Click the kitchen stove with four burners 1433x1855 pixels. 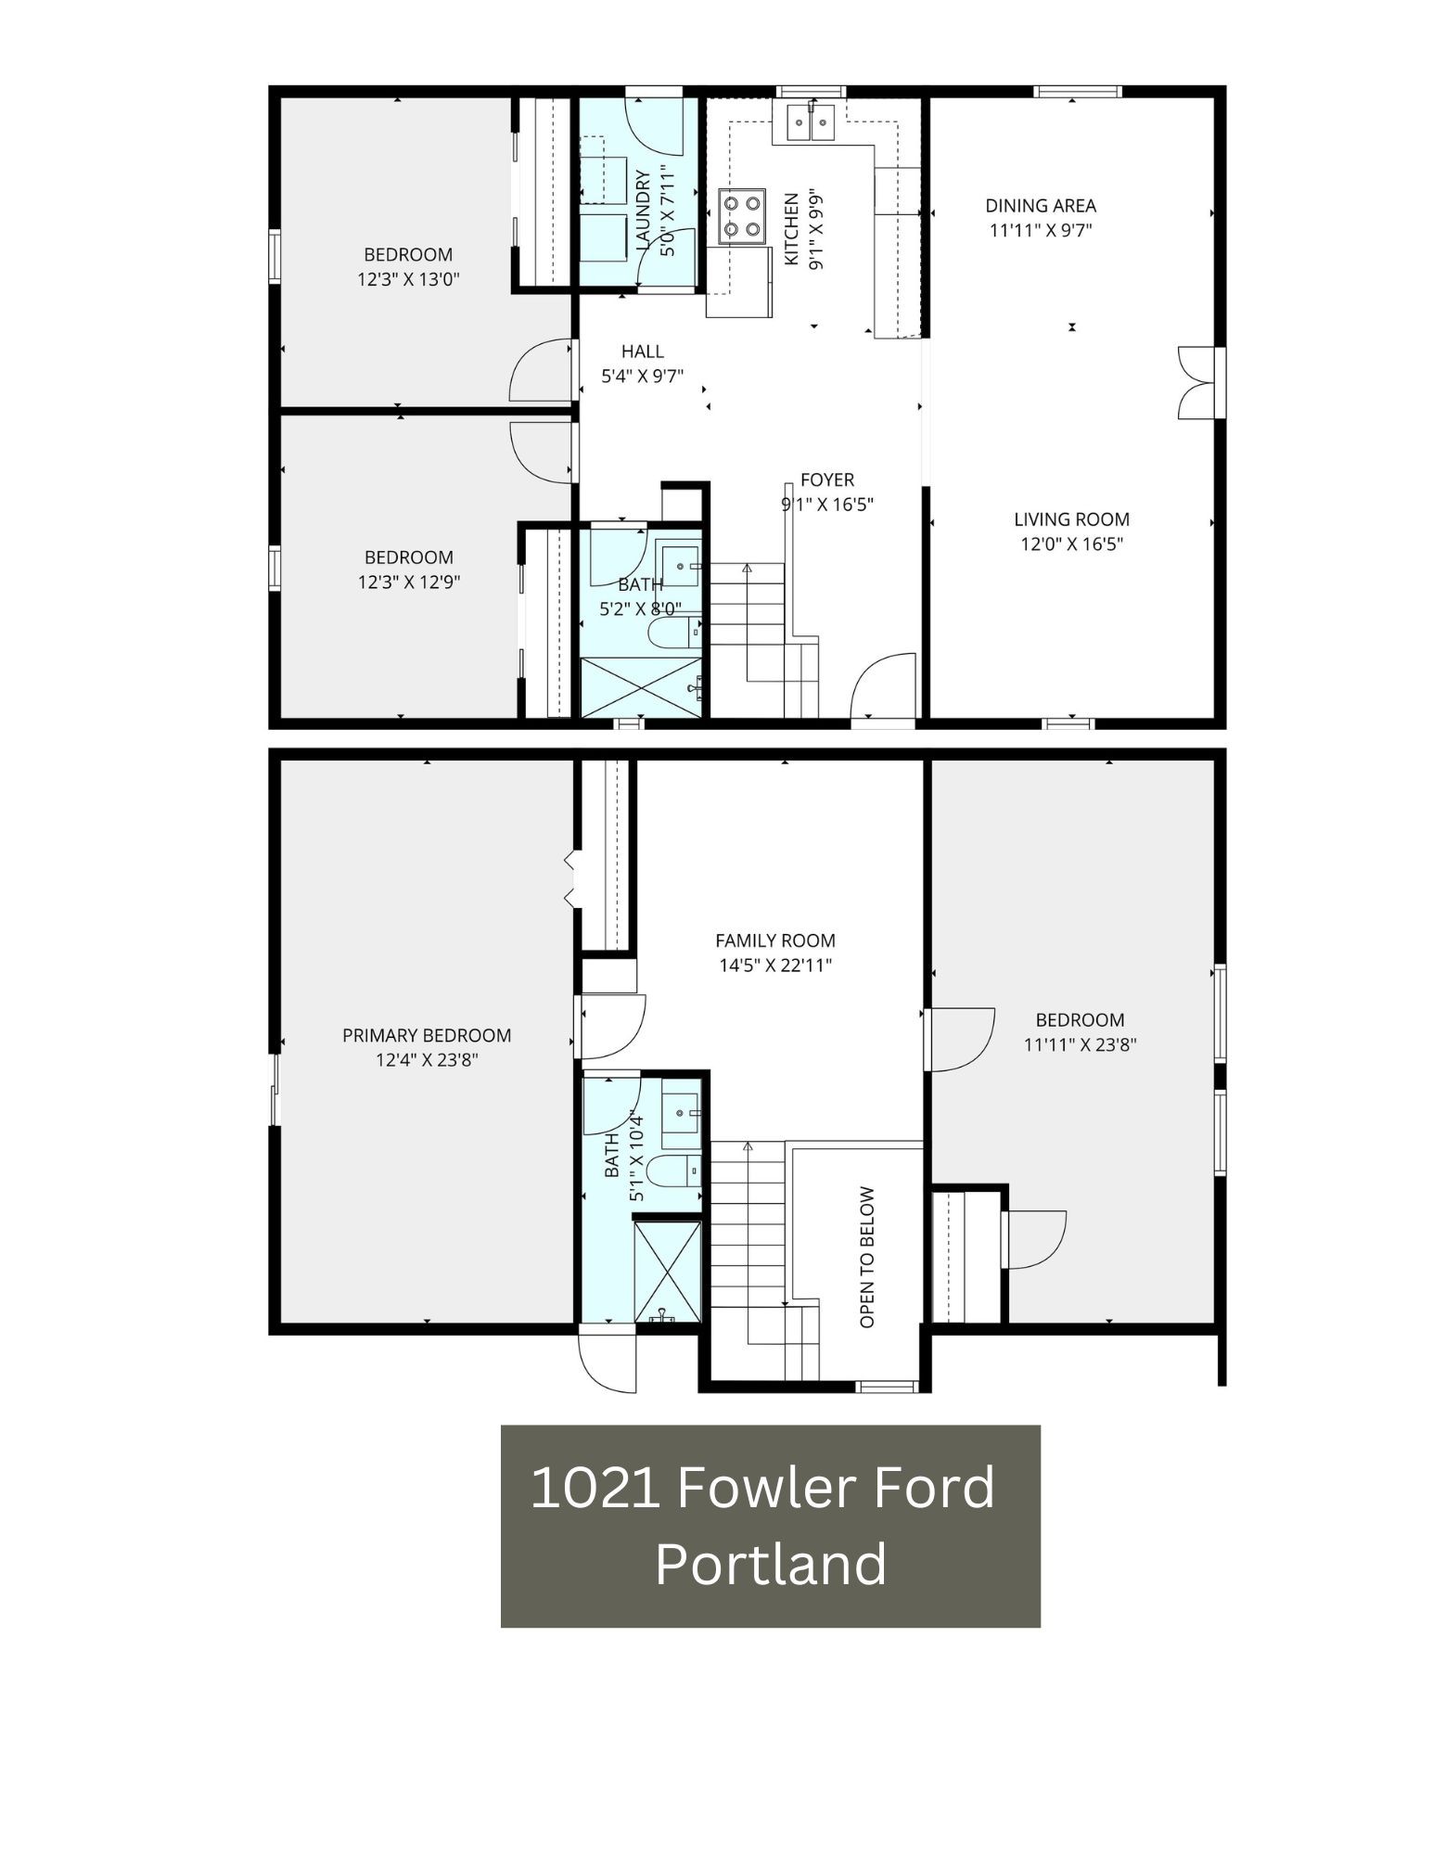743,215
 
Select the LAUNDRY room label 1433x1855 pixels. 643,210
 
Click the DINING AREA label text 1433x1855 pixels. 1040,206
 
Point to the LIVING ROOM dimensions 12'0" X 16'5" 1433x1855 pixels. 1071,544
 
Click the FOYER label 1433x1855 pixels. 826,480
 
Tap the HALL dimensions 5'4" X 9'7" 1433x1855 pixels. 642,376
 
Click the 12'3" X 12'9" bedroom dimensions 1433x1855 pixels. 408,582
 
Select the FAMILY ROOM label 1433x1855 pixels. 774,940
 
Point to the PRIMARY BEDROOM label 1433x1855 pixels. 426,1035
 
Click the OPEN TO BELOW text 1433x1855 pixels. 866,1256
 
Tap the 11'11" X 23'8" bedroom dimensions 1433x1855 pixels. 1080,1044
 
